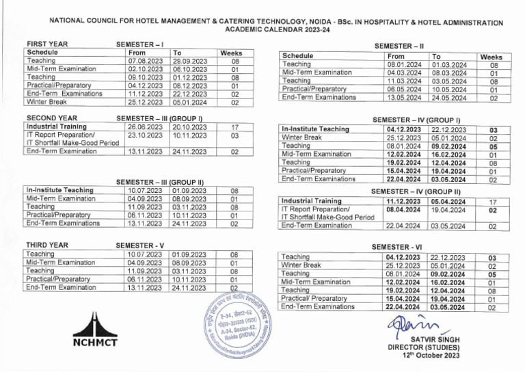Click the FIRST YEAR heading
tap(46, 44)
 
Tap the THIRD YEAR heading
tap(46, 244)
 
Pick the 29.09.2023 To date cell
tap(189, 61)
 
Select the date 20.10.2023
tap(189, 127)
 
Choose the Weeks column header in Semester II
tap(491, 57)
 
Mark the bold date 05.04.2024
tap(448, 202)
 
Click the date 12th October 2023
tap(431, 356)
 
